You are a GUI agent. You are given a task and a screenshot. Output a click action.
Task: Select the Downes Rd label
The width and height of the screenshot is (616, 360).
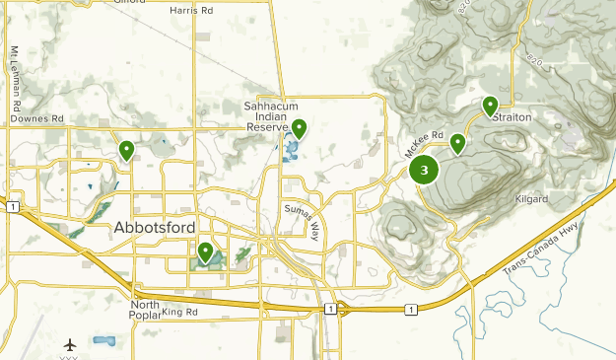tap(36, 118)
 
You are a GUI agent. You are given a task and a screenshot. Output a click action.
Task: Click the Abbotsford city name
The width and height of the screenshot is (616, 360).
tap(154, 228)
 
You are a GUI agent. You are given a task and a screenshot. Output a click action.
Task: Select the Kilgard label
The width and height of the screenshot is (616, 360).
tap(531, 199)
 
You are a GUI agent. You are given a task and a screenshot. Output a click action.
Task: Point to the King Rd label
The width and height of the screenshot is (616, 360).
tap(180, 313)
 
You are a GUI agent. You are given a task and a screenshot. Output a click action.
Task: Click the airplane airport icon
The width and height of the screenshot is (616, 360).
tap(70, 345)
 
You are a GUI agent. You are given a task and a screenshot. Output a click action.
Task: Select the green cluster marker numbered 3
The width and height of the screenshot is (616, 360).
tap(424, 171)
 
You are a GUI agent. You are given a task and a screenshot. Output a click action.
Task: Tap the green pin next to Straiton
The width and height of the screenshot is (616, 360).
tap(490, 106)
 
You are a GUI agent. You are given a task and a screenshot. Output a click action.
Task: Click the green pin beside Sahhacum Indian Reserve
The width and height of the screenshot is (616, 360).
tap(299, 128)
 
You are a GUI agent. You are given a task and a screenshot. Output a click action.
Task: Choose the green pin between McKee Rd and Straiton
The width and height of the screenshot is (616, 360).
tap(458, 144)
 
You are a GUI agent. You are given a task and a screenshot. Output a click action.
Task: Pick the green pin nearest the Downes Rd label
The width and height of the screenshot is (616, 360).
tap(127, 150)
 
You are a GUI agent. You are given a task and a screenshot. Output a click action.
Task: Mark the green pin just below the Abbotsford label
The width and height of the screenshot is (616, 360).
tap(205, 252)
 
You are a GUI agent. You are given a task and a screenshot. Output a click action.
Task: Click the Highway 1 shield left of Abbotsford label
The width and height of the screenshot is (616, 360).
tap(12, 208)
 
